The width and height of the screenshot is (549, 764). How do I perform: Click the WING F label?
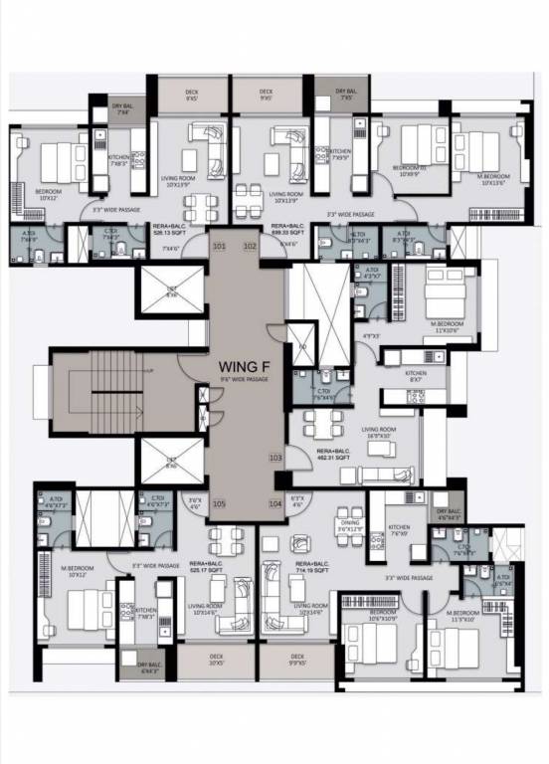coord(244,365)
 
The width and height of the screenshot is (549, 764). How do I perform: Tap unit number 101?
coord(220,245)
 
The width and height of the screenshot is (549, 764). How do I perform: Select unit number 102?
coord(250,245)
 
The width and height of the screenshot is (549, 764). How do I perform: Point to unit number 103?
coord(275,458)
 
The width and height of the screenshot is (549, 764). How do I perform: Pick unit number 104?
coord(275,504)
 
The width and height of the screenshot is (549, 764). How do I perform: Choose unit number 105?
coord(219,504)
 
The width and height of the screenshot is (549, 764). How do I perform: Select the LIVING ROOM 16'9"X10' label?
coord(383,432)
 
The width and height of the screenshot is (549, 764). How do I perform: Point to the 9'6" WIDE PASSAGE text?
coord(244,379)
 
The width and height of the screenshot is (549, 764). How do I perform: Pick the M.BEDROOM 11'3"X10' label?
coord(463,614)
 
